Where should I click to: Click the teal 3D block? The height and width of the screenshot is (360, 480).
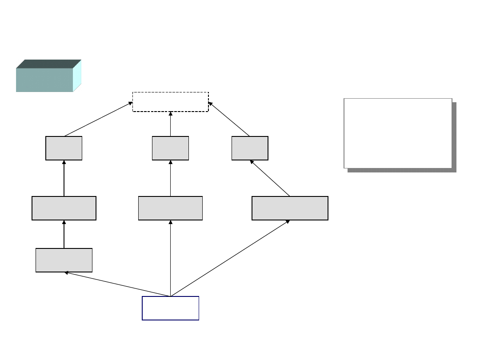44,80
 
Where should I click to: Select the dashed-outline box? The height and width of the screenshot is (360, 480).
171,102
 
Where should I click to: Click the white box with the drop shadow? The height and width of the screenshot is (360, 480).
398,133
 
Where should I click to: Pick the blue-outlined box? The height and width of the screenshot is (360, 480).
170,308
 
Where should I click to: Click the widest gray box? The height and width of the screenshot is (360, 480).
290,208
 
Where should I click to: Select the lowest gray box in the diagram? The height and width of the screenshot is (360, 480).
64,260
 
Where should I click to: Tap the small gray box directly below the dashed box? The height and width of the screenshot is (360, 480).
170,148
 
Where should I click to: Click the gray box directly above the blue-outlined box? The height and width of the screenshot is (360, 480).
170,208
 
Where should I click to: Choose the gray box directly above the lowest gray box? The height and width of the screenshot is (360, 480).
64,208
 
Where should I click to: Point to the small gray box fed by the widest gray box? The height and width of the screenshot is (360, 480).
250,148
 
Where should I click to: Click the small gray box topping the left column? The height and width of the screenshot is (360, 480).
64,148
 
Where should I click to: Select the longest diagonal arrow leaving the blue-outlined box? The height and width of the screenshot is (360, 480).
230,258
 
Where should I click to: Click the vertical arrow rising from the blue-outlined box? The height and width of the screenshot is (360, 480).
170,258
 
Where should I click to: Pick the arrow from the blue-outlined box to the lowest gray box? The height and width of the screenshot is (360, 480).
117,284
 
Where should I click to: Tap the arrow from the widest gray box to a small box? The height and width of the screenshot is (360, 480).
270,178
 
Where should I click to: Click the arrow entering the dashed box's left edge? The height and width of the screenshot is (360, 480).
99,119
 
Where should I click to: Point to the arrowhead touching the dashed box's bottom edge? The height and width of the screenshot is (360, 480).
171,114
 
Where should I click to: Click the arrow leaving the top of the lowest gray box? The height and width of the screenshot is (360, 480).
64,234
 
